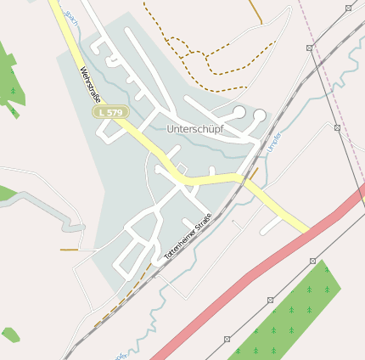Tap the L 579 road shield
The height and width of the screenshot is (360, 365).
tap(109, 111)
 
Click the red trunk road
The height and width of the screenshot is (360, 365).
tap(255, 273)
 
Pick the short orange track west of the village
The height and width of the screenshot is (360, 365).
tap(68, 250)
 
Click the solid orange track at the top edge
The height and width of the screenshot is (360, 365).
tap(255, 10)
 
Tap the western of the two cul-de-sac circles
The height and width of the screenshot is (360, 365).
tap(240, 113)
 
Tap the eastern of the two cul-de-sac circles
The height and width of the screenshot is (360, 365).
tap(260, 115)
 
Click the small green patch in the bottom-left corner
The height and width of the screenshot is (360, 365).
tap(10, 334)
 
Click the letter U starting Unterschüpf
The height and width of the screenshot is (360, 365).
tap(171, 128)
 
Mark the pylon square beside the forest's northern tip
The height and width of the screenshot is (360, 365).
tap(312, 261)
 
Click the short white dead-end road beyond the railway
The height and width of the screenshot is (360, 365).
tap(272, 225)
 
